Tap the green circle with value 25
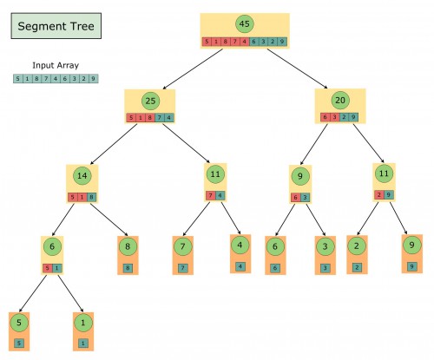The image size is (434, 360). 149,101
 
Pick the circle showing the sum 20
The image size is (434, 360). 340,101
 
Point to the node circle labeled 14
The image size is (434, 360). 82,176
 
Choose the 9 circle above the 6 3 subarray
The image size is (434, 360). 300,177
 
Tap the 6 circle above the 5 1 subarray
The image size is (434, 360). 53,246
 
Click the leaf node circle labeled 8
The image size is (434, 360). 128,247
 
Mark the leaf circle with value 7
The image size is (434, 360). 182,247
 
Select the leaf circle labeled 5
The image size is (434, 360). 18,323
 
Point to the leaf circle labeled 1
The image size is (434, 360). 83,323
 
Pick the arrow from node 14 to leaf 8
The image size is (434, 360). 107,217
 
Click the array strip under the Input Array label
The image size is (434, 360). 56,79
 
